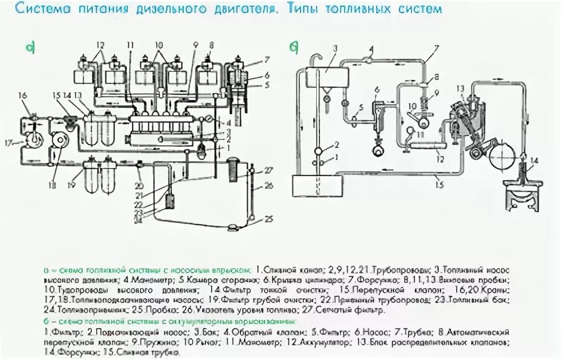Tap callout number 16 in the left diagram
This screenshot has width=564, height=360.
pyautogui.click(x=23, y=95)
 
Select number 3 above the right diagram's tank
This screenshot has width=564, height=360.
pyautogui.click(x=334, y=47)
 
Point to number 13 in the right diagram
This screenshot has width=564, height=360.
pyautogui.click(x=461, y=88)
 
